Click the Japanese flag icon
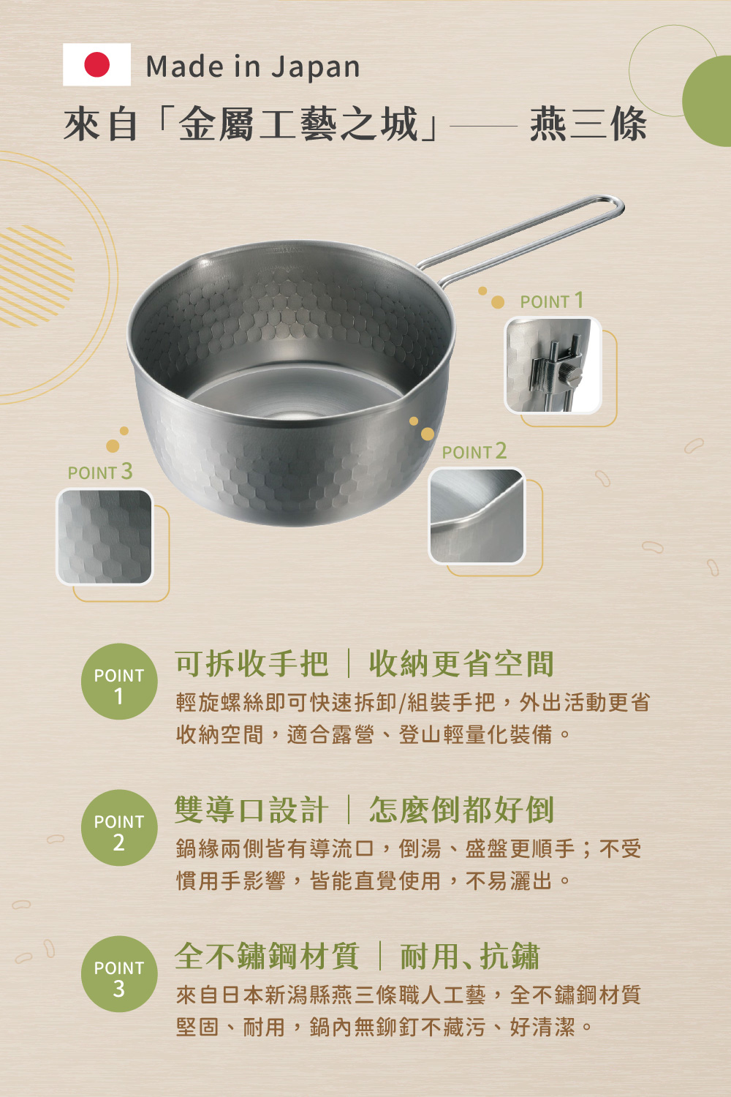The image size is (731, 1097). pos(96,64)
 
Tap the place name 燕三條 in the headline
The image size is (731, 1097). pos(588,125)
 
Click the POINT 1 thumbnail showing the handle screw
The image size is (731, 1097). pos(553,366)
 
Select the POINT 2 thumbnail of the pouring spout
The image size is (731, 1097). pos(477,516)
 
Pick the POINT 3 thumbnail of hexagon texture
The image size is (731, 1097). pos(105,537)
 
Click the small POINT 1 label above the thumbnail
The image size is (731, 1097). pos(552,301)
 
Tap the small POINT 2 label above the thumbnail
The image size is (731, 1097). pos(474,451)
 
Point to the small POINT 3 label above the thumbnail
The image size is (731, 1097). pos(100,472)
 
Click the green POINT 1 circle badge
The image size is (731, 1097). pos(119,681)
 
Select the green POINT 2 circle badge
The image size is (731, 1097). pos(119,828)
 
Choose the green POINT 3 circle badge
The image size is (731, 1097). pos(119,974)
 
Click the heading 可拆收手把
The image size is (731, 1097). pos(251,664)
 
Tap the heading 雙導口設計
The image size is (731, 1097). pos(251,810)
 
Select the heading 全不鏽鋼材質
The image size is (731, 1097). pos(268,956)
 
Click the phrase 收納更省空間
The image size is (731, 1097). pos(461,664)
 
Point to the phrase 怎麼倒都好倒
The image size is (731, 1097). pos(461,810)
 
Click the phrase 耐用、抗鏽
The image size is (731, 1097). pos(469,956)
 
